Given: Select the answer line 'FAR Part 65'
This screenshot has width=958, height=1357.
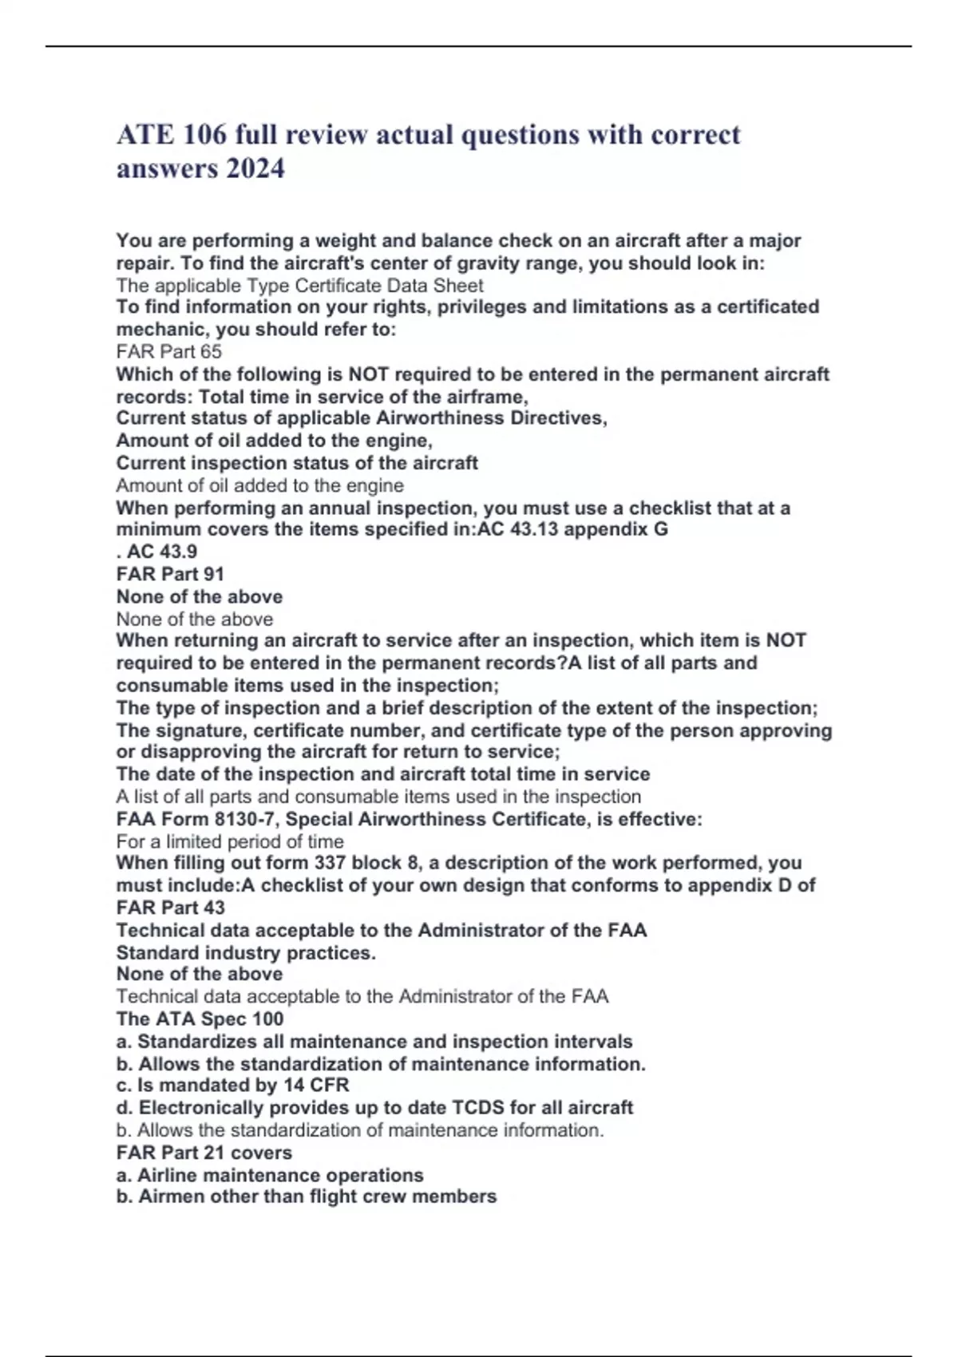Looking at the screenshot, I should click(x=169, y=352).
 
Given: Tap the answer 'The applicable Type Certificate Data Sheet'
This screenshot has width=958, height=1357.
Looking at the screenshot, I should click(x=299, y=286).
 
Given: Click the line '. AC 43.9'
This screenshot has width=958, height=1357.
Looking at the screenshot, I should click(x=156, y=552).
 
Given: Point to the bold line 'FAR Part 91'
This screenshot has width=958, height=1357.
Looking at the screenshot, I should click(x=170, y=574).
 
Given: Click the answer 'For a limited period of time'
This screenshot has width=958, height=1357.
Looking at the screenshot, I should click(x=230, y=841).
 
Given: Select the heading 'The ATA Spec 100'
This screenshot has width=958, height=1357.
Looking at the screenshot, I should click(x=200, y=1019).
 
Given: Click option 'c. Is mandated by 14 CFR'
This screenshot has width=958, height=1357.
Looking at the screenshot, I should click(x=232, y=1086).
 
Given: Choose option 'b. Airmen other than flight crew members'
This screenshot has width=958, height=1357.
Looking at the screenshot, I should click(x=306, y=1197).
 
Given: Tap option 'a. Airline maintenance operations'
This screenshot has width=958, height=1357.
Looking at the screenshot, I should click(x=270, y=1175).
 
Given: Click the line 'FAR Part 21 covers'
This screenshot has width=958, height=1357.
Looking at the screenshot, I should click(x=204, y=1153).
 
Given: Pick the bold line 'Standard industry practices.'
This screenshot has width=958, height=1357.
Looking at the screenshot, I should click(x=246, y=953).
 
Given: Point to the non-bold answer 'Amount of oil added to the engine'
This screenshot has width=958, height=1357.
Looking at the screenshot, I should click(x=259, y=485).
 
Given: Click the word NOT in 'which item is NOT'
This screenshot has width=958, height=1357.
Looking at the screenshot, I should click(x=786, y=640).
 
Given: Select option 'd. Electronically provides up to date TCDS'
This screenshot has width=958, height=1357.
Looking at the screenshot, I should click(x=374, y=1108).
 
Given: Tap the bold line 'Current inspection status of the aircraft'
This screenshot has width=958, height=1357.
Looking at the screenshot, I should click(x=297, y=463).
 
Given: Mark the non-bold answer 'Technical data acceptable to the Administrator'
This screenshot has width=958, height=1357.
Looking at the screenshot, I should click(x=362, y=996).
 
